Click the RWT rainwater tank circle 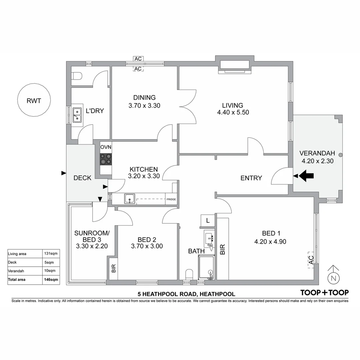(x=34, y=100)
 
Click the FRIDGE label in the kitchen (x=171, y=199)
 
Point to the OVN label (x=106, y=147)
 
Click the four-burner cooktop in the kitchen (x=106, y=159)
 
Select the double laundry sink (x=77, y=114)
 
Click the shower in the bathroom (x=206, y=267)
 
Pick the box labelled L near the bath (x=208, y=220)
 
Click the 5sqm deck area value (x=49, y=262)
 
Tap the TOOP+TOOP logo (x=324, y=293)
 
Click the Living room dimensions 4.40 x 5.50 (x=233, y=112)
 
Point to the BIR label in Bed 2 (x=113, y=268)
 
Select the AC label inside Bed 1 (x=311, y=259)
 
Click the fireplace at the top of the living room (x=235, y=66)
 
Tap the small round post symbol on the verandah (x=340, y=155)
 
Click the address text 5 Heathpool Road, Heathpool (x=186, y=294)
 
